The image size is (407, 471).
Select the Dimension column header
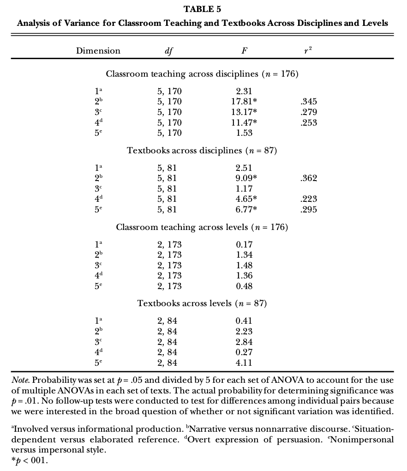[98, 51]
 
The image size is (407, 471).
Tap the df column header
[169, 51]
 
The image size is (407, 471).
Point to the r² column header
[307, 51]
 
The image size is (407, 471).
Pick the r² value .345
[308, 102]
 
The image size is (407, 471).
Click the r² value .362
[308, 178]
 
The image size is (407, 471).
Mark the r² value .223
[308, 199]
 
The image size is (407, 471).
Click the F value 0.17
[244, 244]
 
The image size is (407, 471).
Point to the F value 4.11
[244, 363]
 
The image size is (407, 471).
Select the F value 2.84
[244, 342]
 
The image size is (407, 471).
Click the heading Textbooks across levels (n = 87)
[202, 303]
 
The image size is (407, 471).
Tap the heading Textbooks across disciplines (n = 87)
[202, 151]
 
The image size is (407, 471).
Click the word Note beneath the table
[20, 380]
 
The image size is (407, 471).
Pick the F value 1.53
[244, 133]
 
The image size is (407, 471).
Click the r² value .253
[308, 123]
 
